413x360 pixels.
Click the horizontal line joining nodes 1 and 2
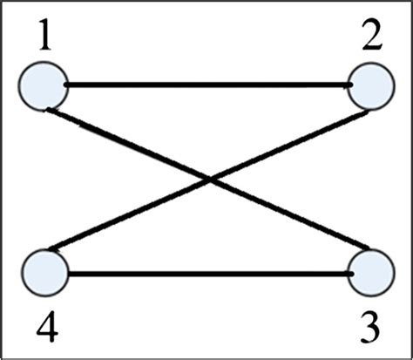pyautogui.click(x=206, y=85)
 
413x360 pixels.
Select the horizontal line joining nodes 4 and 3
pyautogui.click(x=206, y=275)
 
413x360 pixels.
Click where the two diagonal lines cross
pyautogui.click(x=209, y=180)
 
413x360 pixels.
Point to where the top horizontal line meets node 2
pyautogui.click(x=351, y=85)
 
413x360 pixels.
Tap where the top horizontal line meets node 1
pyautogui.click(x=64, y=85)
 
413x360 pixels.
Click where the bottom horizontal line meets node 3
pyautogui.click(x=351, y=275)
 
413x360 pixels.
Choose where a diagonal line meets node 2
pyautogui.click(x=366, y=109)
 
